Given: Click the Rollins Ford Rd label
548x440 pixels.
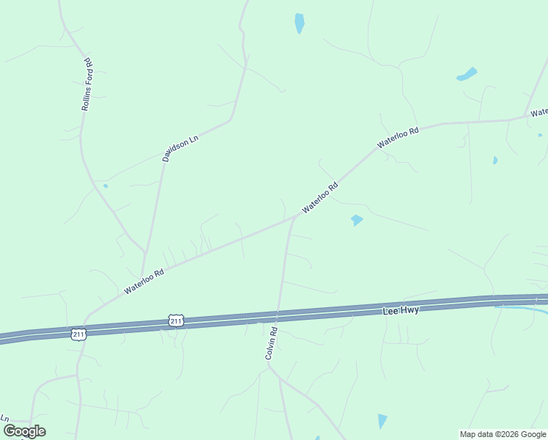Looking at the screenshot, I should tap(86, 84).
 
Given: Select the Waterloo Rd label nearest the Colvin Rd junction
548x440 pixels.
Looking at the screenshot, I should tap(320, 197).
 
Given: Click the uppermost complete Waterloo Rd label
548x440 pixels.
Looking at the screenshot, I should tap(398, 138).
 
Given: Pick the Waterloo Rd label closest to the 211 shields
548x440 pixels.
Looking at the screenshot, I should tap(144, 280).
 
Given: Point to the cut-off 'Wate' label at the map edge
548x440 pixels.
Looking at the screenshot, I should tap(539, 112).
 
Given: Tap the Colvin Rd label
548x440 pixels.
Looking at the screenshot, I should tap(271, 342).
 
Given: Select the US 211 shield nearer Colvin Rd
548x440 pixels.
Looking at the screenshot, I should tap(175, 320).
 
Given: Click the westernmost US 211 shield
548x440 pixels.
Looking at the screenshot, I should tap(79, 334).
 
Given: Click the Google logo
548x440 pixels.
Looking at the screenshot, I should tap(24, 431).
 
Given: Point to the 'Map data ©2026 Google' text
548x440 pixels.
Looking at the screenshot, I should tap(503, 434).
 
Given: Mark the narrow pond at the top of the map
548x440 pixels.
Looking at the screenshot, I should tap(299, 23).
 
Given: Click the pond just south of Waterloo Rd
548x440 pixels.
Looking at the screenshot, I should tap(357, 219).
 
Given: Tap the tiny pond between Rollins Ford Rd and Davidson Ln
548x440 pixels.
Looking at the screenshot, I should tap(105, 186).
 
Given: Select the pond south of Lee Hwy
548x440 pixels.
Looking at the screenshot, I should tap(382, 421).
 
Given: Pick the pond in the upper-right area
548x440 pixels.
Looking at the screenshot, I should tap(467, 74).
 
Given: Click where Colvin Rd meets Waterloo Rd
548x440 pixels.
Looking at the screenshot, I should tap(294, 217).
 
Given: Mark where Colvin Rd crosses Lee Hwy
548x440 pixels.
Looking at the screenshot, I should tap(277, 316).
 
